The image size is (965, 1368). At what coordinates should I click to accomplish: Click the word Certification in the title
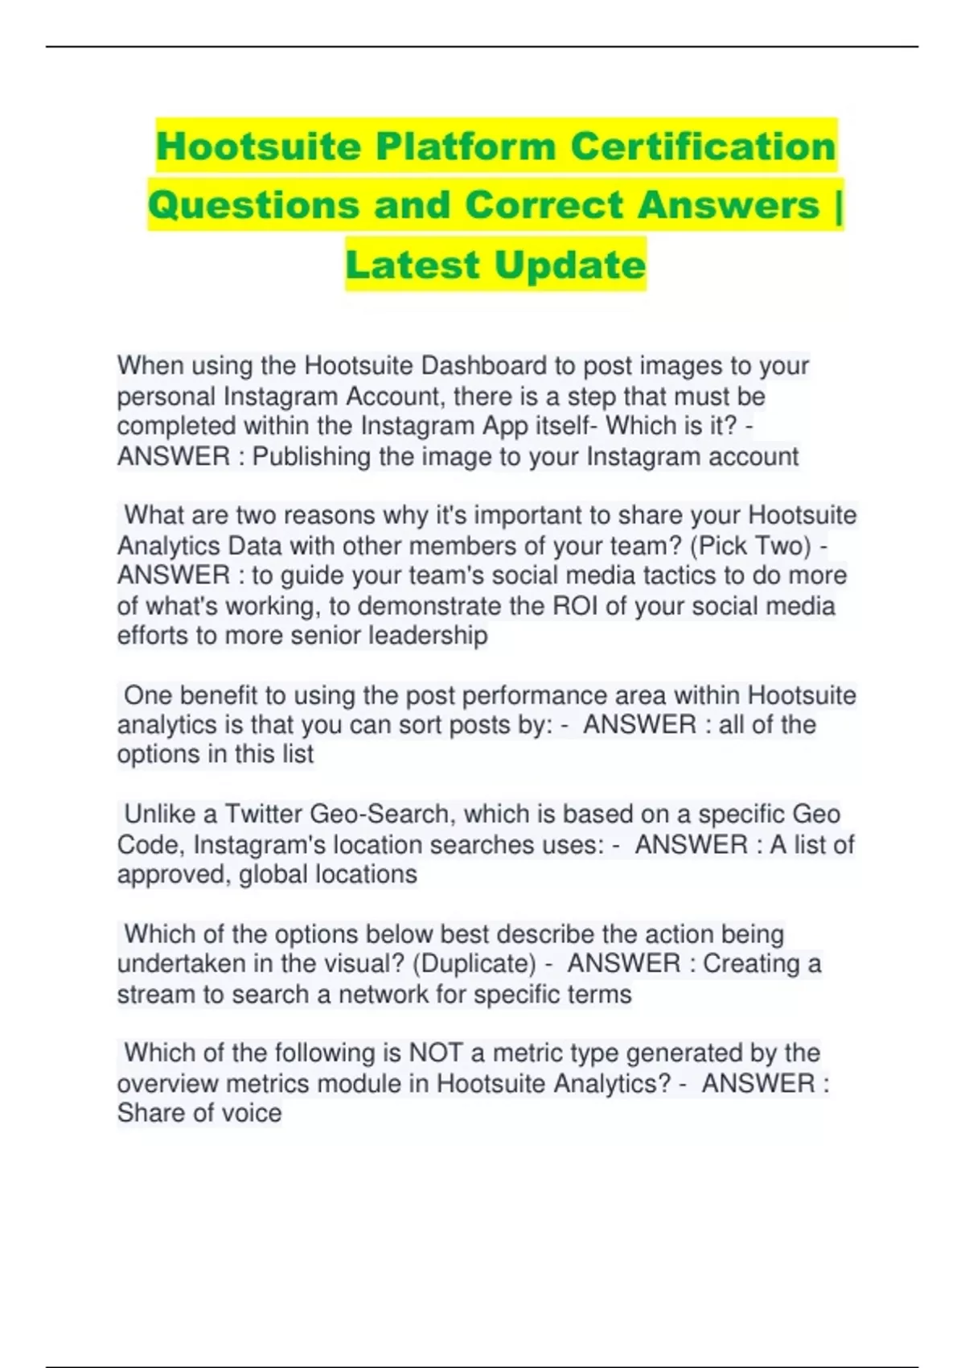(703, 146)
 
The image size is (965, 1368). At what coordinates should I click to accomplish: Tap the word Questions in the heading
(253, 205)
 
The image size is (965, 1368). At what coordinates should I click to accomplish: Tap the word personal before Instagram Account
(166, 397)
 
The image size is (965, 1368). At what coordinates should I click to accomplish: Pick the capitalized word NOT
(436, 1053)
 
